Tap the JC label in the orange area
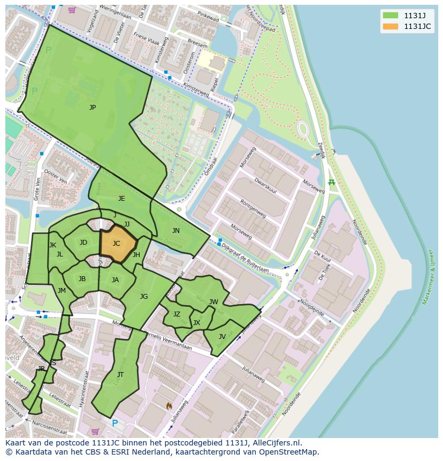116,244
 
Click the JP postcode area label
93,108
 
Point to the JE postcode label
121,199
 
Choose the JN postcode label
176,231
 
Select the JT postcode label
120,375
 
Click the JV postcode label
222,337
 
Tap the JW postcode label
213,302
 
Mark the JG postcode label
144,297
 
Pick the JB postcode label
82,279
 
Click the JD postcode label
83,243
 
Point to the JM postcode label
62,291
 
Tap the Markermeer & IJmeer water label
428,276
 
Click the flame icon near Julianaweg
170,406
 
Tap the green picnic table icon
331,183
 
